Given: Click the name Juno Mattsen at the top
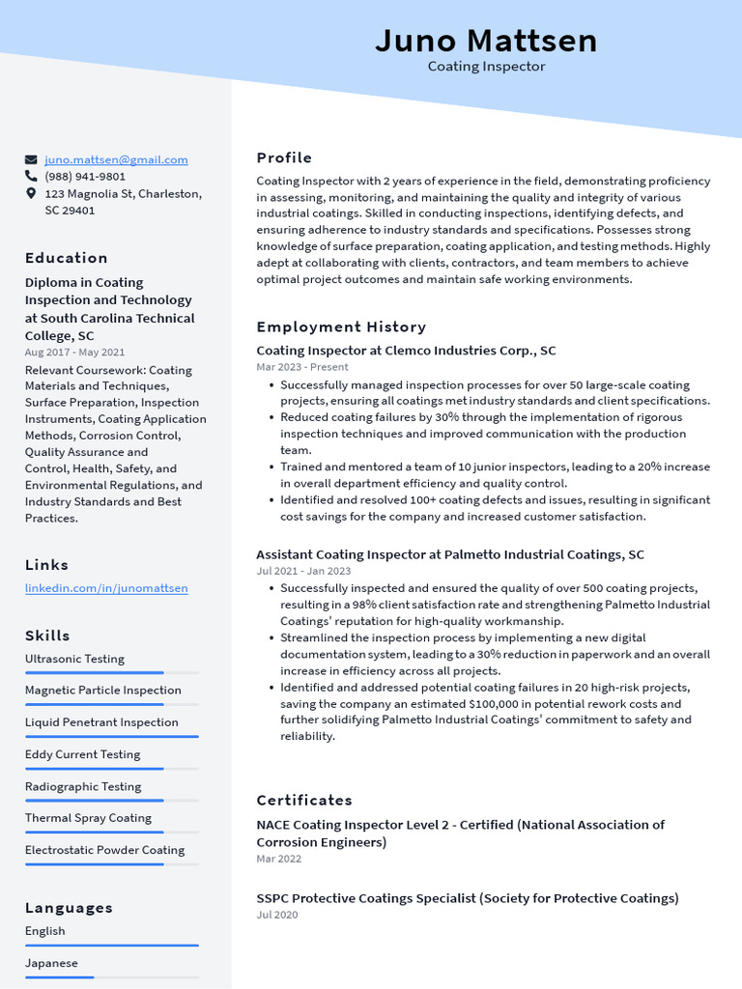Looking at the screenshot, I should tap(486, 41).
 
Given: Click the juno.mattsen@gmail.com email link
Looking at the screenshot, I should tap(116, 159).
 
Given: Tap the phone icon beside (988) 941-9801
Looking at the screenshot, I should tap(31, 177).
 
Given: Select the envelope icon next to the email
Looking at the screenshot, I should tap(31, 159).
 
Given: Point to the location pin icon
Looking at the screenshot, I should tap(31, 194).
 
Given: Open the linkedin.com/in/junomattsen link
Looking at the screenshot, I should tap(106, 587).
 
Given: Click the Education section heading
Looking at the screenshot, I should tap(67, 258).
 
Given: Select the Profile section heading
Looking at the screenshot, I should tap(284, 157).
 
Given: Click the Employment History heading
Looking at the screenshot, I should tap(341, 326).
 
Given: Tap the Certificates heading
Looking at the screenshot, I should tap(304, 800).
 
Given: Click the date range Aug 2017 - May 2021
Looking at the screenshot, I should tap(74, 353).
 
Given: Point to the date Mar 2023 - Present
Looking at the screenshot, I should tap(302, 367).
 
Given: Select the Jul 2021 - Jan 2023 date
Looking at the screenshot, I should tap(303, 571).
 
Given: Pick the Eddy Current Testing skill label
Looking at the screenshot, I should tap(82, 754).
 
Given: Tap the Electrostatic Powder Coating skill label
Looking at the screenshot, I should tap(104, 850).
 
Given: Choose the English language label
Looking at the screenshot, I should tap(45, 931).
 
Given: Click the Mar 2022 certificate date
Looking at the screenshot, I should tap(278, 859).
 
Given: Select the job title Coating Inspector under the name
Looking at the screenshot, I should tap(486, 67).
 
